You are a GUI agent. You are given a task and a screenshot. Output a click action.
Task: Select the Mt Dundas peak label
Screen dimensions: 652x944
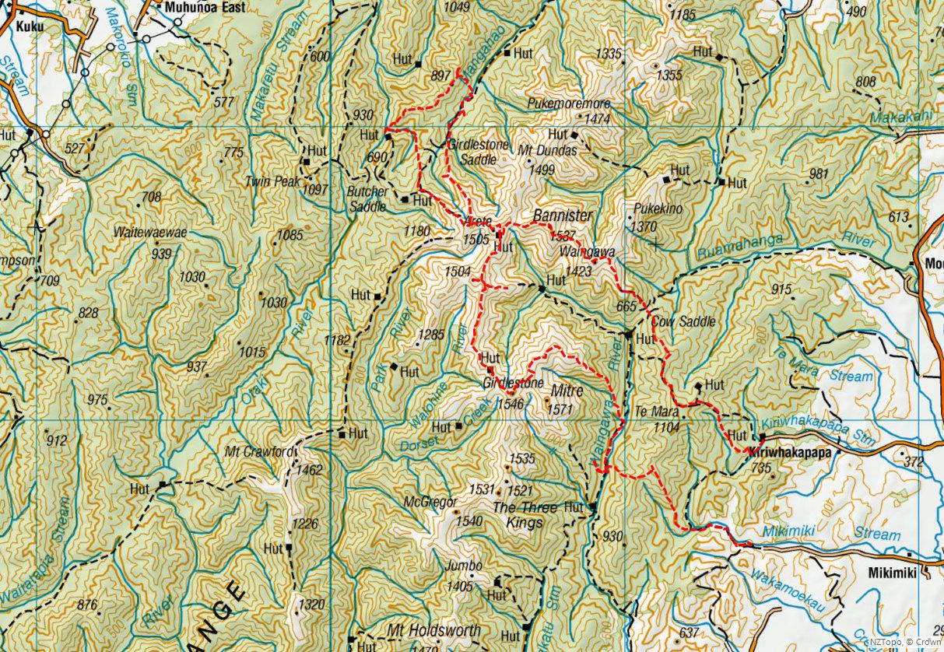click(x=552, y=151)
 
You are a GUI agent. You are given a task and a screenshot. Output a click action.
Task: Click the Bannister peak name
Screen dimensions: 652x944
click(x=563, y=215)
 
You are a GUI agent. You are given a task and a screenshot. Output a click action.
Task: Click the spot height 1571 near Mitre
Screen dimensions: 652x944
click(x=560, y=409)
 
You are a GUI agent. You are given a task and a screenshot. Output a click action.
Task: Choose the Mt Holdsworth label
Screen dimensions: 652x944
click(x=433, y=630)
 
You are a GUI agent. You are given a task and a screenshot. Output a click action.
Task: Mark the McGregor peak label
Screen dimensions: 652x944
click(x=430, y=503)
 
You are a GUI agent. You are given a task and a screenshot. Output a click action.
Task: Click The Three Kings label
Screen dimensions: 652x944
click(x=525, y=515)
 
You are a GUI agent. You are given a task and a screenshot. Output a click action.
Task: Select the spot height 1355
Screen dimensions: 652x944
click(x=669, y=75)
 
